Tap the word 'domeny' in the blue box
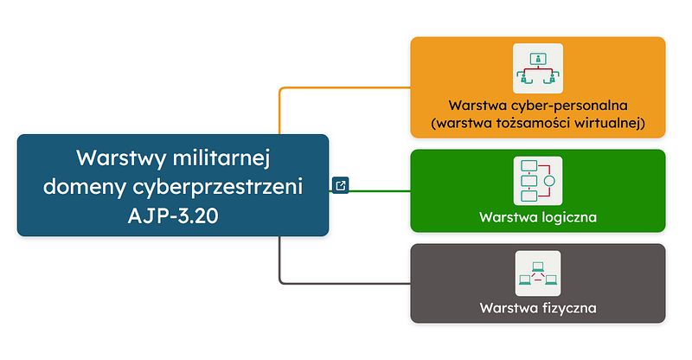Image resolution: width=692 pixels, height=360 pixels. (x=84, y=185)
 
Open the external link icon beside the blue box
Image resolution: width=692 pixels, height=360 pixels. (x=341, y=184)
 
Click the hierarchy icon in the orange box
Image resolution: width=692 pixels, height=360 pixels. (x=538, y=68)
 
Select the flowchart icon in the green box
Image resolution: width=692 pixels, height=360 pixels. (x=538, y=181)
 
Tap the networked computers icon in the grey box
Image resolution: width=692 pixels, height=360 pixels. (x=538, y=273)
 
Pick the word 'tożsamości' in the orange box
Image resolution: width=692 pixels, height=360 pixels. (x=535, y=123)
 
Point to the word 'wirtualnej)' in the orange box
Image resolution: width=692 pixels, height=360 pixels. (x=611, y=123)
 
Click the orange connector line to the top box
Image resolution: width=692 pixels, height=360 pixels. (x=346, y=87)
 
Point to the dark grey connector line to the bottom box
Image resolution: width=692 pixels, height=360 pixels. (x=346, y=282)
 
